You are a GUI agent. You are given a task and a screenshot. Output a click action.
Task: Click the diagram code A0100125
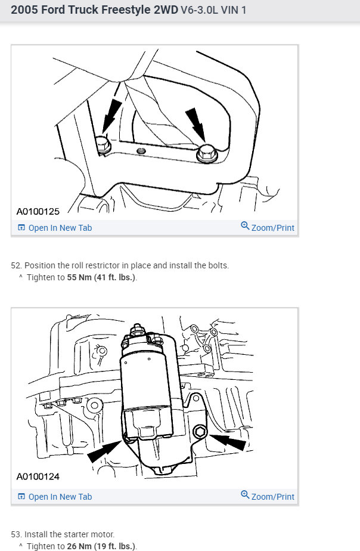pos(38,211)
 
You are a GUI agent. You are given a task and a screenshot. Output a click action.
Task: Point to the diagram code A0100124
pos(38,476)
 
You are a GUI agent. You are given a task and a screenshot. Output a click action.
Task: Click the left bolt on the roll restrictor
pos(102,143)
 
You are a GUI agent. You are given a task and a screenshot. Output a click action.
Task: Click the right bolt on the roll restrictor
pos(206,152)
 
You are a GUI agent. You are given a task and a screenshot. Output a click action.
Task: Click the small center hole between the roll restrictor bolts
pos(141,151)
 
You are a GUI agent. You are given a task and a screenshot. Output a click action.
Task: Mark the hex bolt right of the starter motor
pos(200,431)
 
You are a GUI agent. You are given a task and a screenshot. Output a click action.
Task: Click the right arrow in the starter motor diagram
pos(230,442)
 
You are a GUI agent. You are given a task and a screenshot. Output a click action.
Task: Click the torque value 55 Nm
pos(80,278)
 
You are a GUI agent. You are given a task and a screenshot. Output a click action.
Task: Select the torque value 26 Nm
pos(80,546)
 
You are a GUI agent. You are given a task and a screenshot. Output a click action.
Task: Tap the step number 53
pos(15,534)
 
